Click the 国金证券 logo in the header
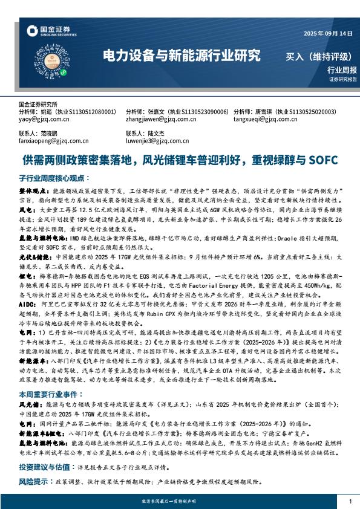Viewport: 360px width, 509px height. pyautogui.click(x=56, y=30)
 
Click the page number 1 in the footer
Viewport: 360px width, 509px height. pyautogui.click(x=350, y=501)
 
